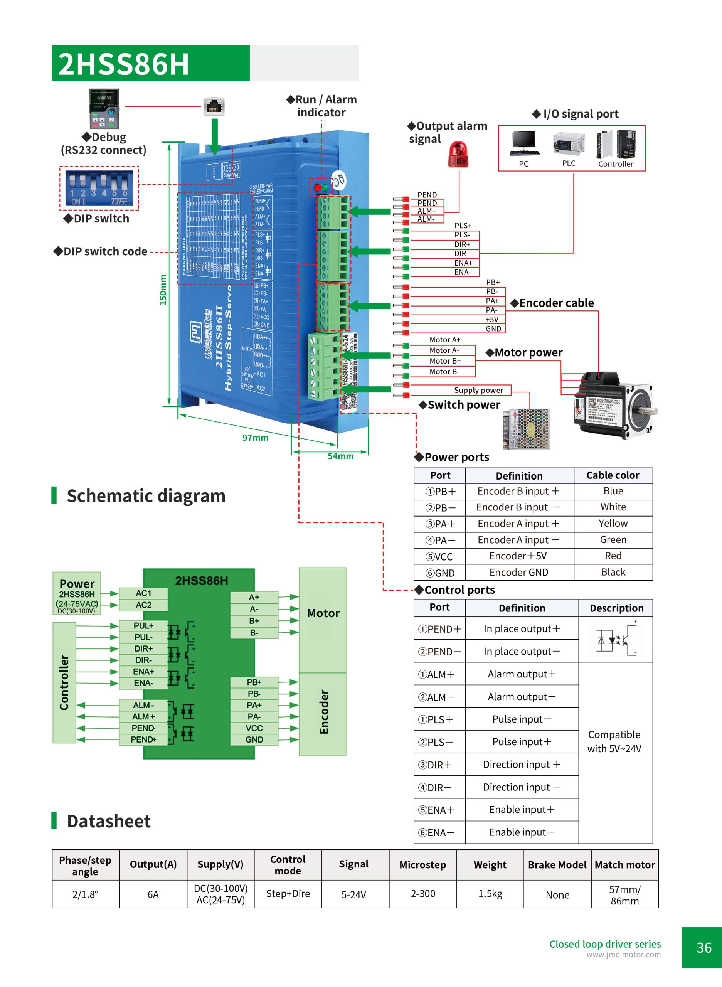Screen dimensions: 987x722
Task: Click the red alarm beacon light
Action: (458, 155)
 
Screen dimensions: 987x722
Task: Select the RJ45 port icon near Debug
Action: (214, 106)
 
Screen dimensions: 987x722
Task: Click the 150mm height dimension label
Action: (163, 290)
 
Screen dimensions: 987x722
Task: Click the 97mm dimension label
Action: (255, 438)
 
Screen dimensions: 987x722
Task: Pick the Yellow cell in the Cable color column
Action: (613, 523)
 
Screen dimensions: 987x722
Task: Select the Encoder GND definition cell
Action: (519, 572)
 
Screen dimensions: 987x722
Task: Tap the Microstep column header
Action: (422, 865)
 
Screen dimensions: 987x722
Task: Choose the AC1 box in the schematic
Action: (143, 593)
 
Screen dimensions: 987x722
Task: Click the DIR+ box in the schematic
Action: (143, 648)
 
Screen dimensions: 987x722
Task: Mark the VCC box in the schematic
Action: (254, 728)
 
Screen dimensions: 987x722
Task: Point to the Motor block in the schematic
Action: (323, 613)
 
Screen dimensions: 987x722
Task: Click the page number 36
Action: (703, 948)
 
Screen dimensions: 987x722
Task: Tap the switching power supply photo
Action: (526, 429)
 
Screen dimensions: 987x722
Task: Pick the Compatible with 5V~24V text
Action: (614, 741)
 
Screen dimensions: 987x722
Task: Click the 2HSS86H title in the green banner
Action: (124, 64)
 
